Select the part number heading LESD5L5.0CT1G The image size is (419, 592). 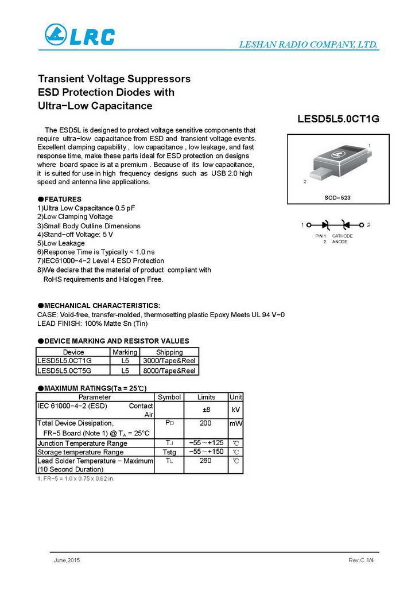[338, 119]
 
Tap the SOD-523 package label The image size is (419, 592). [337, 197]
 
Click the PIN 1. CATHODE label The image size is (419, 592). [333, 236]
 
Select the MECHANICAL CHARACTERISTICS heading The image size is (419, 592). [99, 305]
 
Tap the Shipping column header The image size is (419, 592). [169, 352]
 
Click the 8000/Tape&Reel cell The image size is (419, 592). [169, 371]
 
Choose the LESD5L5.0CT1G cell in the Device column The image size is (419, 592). [64, 361]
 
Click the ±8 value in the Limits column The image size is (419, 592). [206, 410]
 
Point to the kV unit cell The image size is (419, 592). [235, 410]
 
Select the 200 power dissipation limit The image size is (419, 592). [206, 423]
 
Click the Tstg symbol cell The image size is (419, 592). [169, 452]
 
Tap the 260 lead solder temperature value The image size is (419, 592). [206, 461]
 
